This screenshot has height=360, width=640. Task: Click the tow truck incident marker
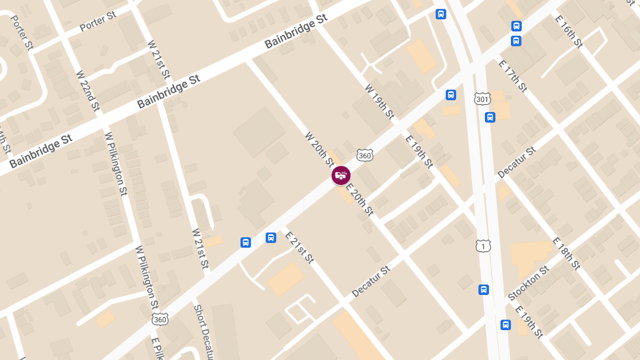tap(341, 175)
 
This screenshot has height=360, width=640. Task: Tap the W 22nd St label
tap(88, 91)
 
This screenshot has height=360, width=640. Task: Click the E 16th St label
tap(569, 31)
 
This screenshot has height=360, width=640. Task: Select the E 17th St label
tap(513, 76)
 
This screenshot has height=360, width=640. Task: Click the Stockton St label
tap(529, 283)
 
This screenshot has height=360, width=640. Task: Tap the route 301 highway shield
tap(482, 99)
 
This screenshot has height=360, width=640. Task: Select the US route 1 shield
tap(483, 245)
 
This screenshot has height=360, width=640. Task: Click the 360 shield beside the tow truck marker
tap(365, 155)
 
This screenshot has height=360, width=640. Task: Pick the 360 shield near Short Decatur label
tap(159, 318)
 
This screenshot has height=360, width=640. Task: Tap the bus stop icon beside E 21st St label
tap(271, 237)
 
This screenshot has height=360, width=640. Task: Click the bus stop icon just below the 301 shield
tap(490, 117)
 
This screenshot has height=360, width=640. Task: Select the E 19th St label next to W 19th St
tap(419, 151)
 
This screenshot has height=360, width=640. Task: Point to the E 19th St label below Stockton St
tap(529, 322)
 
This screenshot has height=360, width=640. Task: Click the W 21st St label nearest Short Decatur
tap(200, 248)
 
